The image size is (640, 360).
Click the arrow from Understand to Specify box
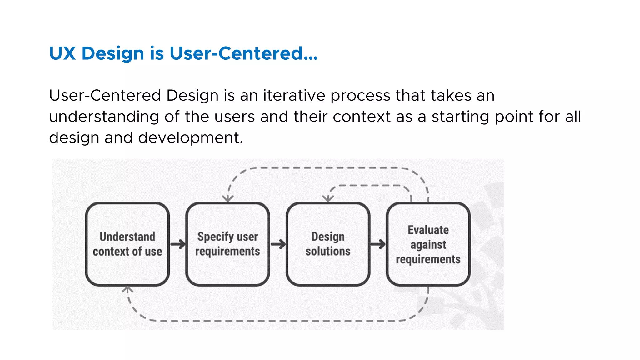pos(178,244)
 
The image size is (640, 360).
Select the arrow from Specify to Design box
pos(278,244)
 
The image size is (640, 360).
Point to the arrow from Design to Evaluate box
pos(378,244)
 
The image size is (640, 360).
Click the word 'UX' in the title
pos(62,53)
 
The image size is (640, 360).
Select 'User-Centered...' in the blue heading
pos(243,53)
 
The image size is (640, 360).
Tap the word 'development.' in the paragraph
pos(190,138)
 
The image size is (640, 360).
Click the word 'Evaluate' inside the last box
pos(428,230)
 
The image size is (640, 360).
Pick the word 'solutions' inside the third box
pos(328,251)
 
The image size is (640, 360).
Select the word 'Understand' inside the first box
pos(127,237)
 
